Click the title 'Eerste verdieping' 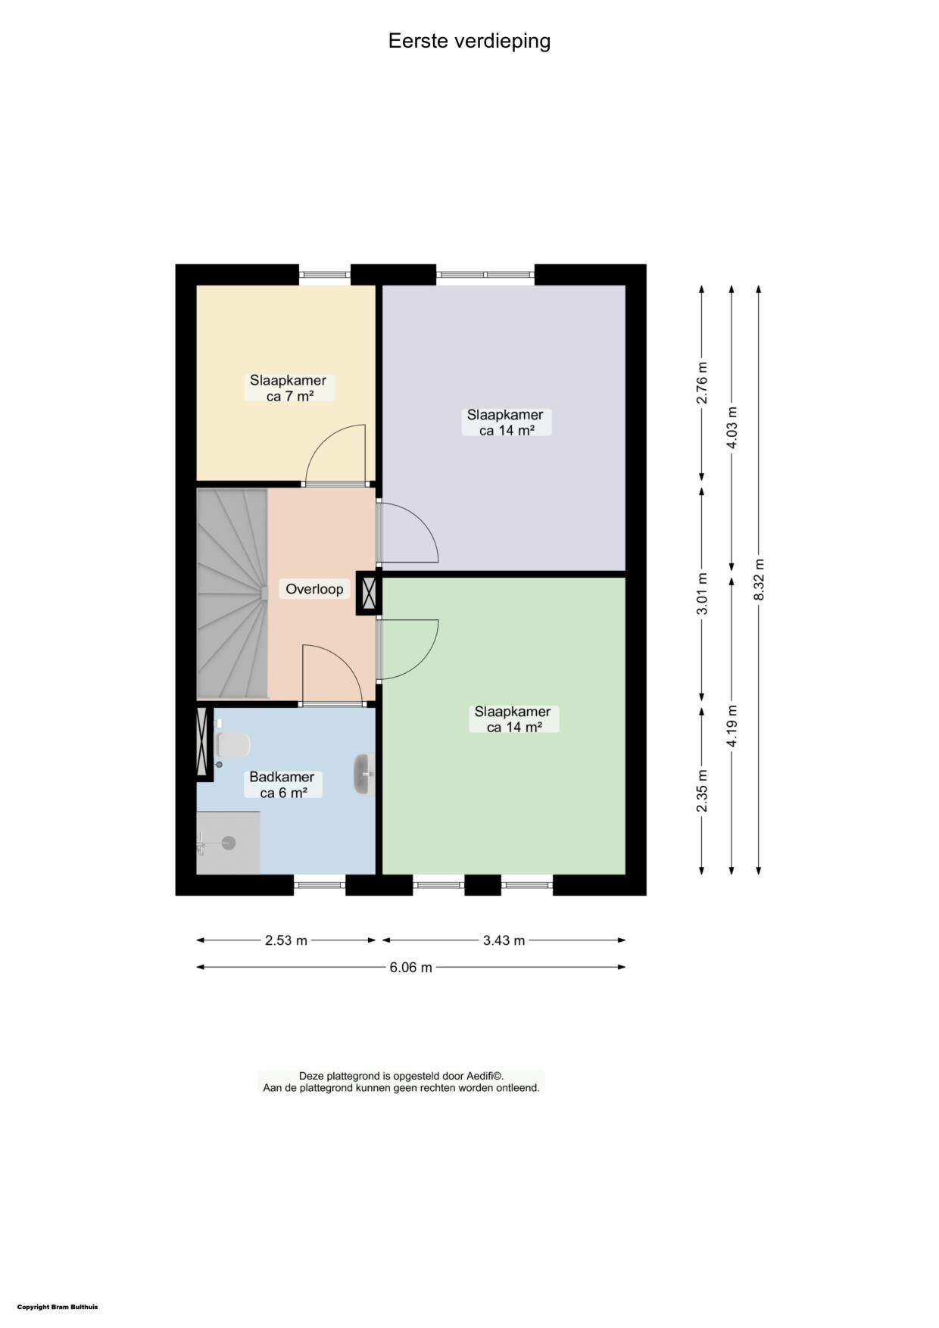click(x=469, y=41)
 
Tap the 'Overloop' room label click(x=314, y=589)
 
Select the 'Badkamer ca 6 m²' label click(x=282, y=785)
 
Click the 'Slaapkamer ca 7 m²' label click(x=289, y=388)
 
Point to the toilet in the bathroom click(x=232, y=745)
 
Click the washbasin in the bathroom click(x=363, y=774)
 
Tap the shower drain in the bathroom click(x=229, y=843)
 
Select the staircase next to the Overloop click(x=232, y=594)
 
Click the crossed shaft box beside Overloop click(x=370, y=593)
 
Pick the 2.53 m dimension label click(x=286, y=940)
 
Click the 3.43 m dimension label click(x=504, y=940)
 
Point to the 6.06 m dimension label click(x=411, y=967)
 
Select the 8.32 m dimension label click(x=759, y=580)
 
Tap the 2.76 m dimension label click(x=702, y=390)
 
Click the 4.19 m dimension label click(x=731, y=726)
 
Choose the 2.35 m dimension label click(x=702, y=790)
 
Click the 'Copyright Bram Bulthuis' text click(x=58, y=1307)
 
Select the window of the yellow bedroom click(x=326, y=275)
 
